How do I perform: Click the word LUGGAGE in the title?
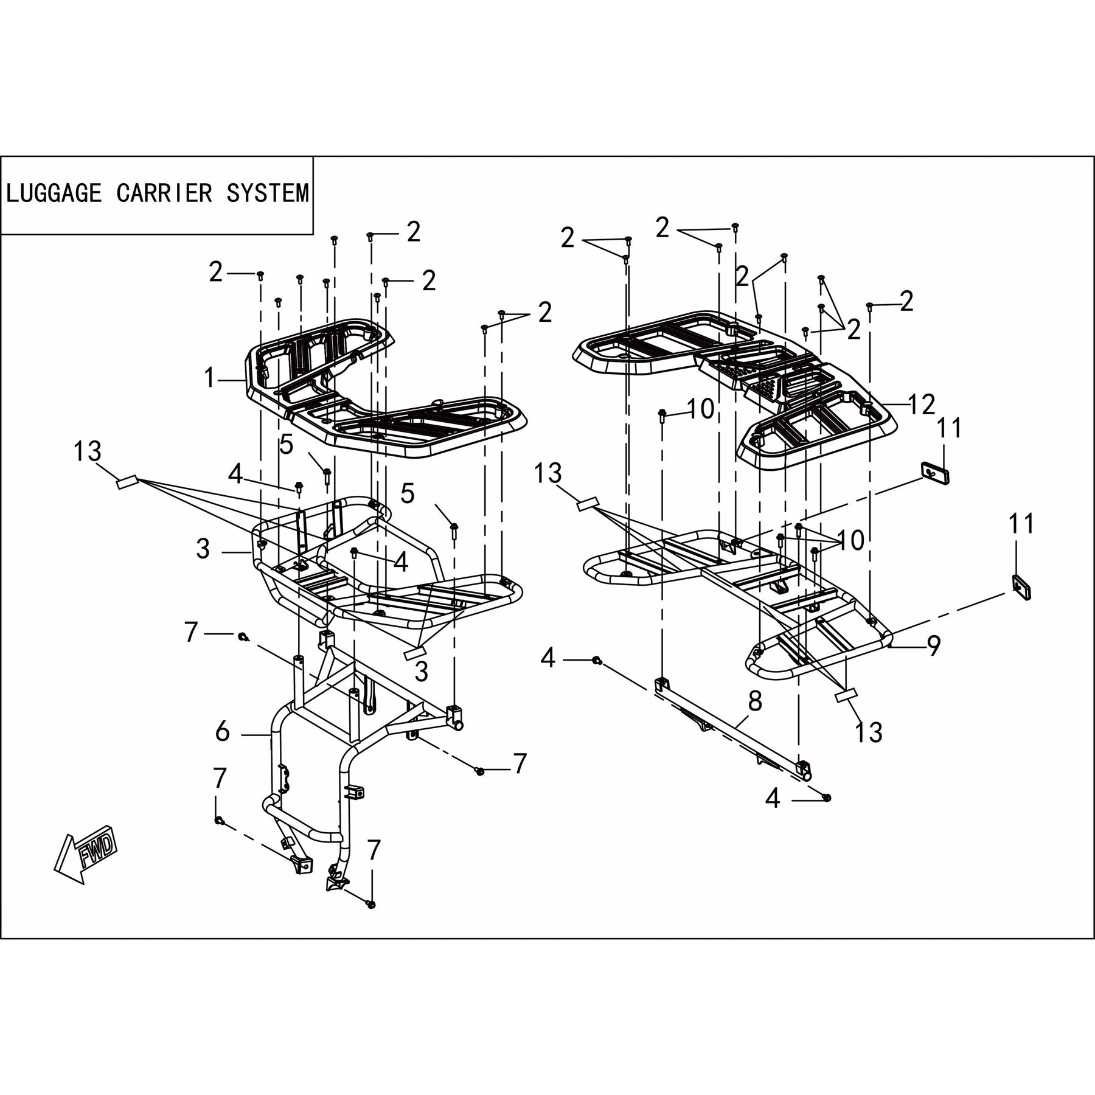coord(54,193)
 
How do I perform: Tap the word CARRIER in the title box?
coord(164,193)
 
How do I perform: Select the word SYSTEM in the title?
coord(268,193)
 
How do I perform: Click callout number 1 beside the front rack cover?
coord(210,378)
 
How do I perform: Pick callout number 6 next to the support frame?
coord(223,732)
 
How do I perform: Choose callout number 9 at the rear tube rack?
coord(933,645)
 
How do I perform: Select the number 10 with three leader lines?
coord(850,540)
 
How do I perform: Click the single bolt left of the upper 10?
coord(662,416)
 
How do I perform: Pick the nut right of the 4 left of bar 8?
coord(597,660)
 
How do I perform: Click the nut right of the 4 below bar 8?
coord(827,797)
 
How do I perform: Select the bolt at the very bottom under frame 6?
coord(371,922)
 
